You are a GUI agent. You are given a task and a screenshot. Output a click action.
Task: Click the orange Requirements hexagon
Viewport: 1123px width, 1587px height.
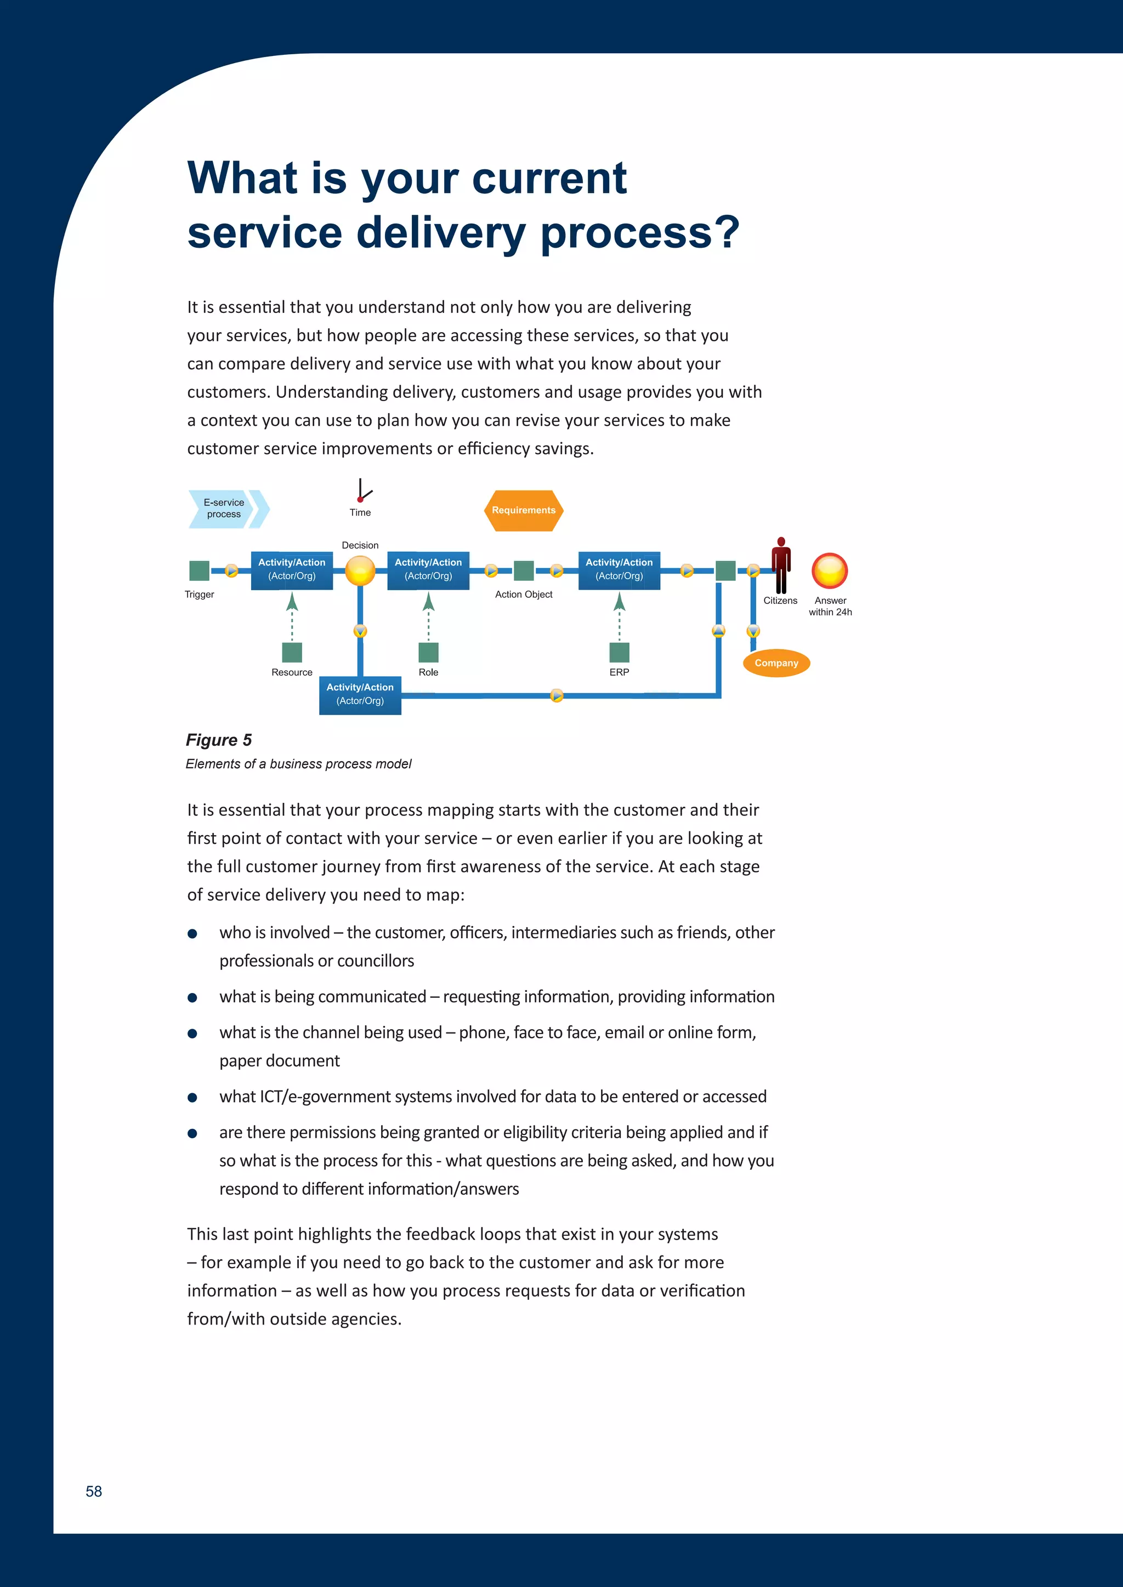pos(524,510)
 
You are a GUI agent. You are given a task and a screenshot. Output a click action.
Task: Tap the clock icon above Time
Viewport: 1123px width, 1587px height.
pos(362,490)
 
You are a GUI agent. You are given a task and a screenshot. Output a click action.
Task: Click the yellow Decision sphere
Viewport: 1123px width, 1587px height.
pos(360,571)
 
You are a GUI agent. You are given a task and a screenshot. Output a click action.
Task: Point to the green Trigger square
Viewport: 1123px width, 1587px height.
pos(199,571)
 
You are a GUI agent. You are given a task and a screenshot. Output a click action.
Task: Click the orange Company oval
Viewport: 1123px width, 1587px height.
pos(776,663)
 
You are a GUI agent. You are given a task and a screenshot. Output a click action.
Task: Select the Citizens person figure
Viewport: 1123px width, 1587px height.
pos(781,566)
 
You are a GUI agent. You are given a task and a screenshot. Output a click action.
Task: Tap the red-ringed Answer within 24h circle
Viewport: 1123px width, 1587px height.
pos(829,571)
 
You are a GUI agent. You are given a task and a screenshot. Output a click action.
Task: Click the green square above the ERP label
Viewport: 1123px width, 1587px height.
pos(619,652)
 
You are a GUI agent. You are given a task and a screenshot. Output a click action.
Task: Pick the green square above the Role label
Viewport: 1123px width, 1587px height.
pos(428,652)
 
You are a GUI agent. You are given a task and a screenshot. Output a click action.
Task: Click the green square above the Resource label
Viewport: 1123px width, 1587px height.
pos(292,652)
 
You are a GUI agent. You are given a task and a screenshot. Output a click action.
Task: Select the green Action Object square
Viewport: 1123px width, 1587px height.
pos(524,571)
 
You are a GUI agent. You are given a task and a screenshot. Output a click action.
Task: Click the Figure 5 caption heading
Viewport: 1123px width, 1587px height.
pos(219,740)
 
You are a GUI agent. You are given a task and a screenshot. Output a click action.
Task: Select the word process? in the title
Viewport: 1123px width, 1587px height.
pos(640,232)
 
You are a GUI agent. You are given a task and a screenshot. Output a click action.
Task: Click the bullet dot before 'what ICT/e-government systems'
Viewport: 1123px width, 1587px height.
pos(192,1097)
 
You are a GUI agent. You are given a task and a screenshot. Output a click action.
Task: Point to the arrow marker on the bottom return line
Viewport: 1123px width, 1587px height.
pos(557,695)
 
